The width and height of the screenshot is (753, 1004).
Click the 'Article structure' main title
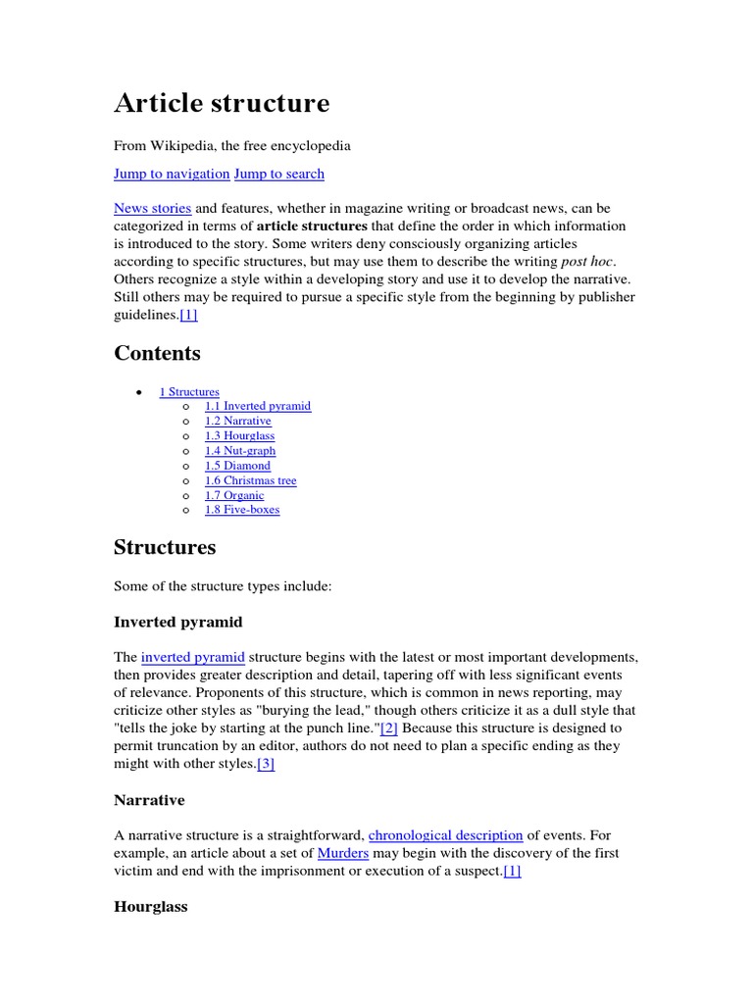click(222, 103)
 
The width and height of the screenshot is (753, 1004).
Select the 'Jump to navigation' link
click(172, 174)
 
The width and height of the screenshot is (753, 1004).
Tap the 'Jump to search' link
click(278, 174)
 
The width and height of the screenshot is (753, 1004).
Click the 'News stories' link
click(152, 209)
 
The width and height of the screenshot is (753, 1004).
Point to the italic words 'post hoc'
click(586, 262)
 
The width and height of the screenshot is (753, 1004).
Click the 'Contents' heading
click(157, 353)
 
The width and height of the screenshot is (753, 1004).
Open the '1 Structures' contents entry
click(189, 392)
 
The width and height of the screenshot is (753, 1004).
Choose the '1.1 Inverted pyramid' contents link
click(257, 406)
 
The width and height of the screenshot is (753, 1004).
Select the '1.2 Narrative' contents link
click(237, 421)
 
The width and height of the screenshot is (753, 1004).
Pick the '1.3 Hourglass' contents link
click(239, 435)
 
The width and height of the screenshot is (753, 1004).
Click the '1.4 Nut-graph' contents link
click(240, 451)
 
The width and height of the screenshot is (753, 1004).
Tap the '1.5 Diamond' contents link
click(237, 466)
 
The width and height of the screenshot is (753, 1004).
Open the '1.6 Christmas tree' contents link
click(250, 480)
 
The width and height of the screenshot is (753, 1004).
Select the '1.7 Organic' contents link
click(234, 495)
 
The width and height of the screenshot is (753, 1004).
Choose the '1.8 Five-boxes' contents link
click(241, 510)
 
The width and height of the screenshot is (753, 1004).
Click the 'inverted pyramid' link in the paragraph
click(192, 656)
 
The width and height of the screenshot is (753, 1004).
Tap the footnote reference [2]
click(389, 728)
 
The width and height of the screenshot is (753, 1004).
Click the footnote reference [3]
click(265, 764)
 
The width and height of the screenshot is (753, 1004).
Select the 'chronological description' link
click(445, 835)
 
